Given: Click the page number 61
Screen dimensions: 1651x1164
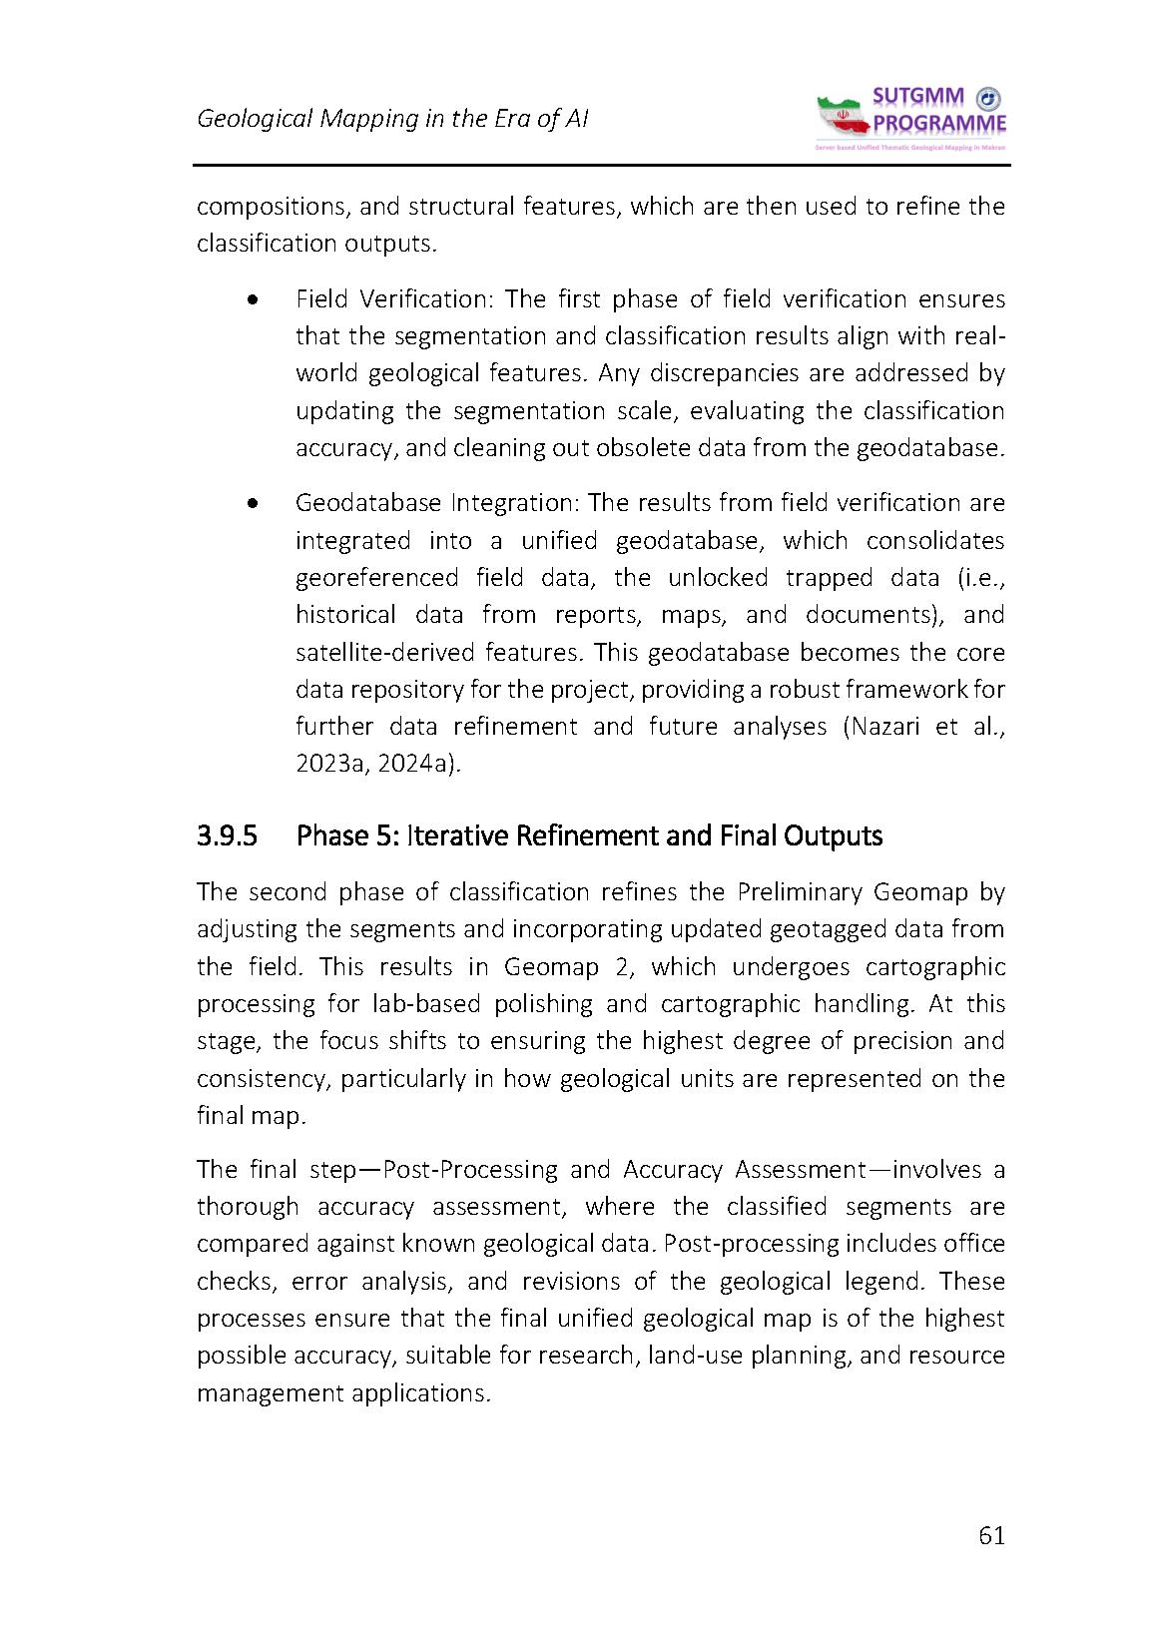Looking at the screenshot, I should pyautogui.click(x=991, y=1535).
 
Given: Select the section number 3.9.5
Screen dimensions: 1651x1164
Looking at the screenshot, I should pyautogui.click(x=227, y=834).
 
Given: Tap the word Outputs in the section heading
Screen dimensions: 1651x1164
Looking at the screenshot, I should pyautogui.click(x=834, y=834).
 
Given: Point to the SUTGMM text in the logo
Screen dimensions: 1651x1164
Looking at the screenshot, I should pyautogui.click(x=918, y=97).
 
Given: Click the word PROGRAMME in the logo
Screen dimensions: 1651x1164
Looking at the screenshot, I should pyautogui.click(x=939, y=124).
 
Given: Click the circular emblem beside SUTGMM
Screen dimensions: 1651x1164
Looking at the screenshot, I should pyautogui.click(x=987, y=98).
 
